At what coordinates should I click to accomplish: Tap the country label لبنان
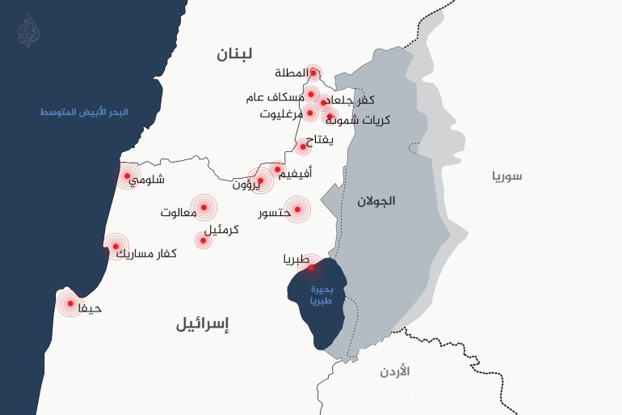pos(234,54)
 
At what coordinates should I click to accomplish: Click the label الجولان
pos(376,201)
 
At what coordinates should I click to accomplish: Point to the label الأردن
pos(394,371)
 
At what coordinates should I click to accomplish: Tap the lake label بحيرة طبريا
pos(317,294)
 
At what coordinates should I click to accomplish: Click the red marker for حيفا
pos(70,303)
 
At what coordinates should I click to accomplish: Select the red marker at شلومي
pos(127,176)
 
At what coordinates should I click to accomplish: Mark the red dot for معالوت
pos(204,208)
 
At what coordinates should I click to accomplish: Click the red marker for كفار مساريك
pos(116,246)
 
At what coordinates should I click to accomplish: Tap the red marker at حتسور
pos(298,210)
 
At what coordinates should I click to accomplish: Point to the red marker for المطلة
pos(313,73)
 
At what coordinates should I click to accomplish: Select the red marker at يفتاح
pos(304,146)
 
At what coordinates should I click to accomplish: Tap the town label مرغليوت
pos(281,114)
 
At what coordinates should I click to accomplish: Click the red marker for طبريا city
pos(312,266)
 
